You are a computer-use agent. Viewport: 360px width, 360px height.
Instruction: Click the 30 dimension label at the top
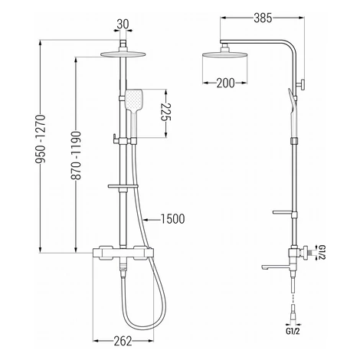click(x=123, y=25)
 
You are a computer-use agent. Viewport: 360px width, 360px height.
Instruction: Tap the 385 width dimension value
click(x=263, y=18)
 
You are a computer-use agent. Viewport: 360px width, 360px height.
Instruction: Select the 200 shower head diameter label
click(x=225, y=83)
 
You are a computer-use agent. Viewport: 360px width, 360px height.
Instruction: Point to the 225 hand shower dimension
click(x=165, y=112)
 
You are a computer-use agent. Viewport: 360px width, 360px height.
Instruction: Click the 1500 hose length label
click(x=172, y=219)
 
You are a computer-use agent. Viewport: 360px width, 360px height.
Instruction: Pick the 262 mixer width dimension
click(x=123, y=341)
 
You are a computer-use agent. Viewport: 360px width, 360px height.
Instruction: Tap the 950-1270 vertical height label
click(x=41, y=139)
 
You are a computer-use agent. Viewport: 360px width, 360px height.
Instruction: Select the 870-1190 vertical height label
click(x=76, y=155)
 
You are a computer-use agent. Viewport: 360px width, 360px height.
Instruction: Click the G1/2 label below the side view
click(x=293, y=332)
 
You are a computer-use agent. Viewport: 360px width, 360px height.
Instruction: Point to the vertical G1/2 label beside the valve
click(x=322, y=253)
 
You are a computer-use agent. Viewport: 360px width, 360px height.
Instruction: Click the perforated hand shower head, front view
click(x=133, y=99)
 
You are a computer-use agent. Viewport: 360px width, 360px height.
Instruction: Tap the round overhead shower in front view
click(x=123, y=54)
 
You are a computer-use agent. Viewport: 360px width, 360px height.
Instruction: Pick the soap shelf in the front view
click(x=123, y=186)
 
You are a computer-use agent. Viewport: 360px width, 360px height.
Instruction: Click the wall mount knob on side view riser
click(x=301, y=84)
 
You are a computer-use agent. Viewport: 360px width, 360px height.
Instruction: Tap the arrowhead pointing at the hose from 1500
click(x=146, y=219)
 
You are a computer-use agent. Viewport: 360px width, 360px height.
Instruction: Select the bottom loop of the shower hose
click(x=143, y=327)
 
